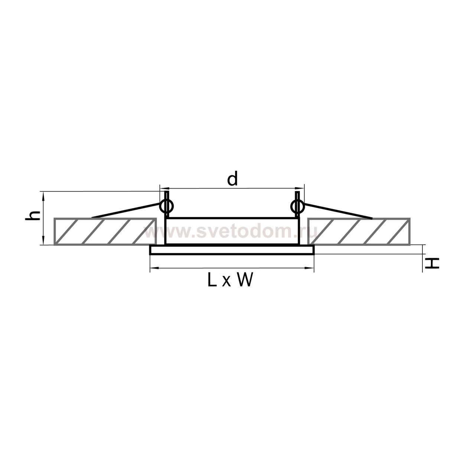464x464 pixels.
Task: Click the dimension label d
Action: pyautogui.click(x=233, y=179)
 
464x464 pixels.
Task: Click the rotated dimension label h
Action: pyautogui.click(x=33, y=215)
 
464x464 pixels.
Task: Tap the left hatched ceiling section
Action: pyautogui.click(x=105, y=231)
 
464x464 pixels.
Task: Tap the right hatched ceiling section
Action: pyautogui.click(x=359, y=231)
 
